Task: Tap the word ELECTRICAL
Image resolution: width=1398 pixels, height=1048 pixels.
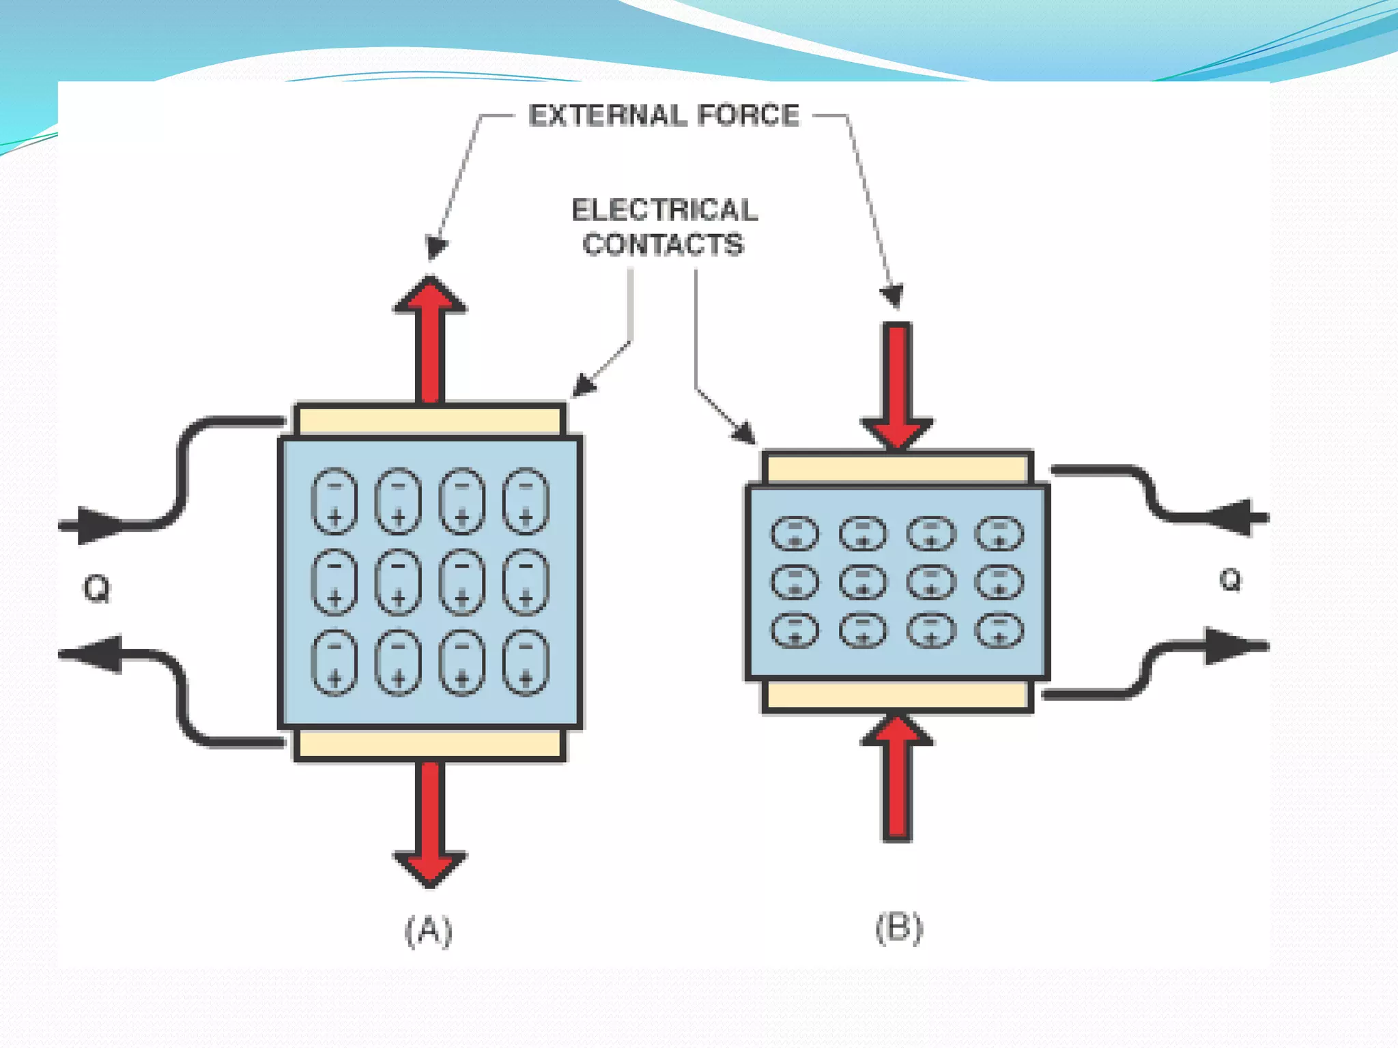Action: (x=664, y=210)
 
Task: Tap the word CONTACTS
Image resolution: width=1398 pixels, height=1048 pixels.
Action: (x=663, y=244)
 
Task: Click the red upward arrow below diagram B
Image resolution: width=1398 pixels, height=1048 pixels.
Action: (x=897, y=778)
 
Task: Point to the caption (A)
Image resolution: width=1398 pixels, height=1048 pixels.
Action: (x=429, y=930)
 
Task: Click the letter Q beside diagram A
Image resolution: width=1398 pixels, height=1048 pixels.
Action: (x=96, y=588)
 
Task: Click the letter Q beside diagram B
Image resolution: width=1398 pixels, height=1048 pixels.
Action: (x=1230, y=580)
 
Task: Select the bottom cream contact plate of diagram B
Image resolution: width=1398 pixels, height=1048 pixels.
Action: (x=897, y=696)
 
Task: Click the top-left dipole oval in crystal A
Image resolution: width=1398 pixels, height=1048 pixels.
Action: (x=334, y=501)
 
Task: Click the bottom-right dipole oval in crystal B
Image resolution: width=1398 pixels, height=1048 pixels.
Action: (x=999, y=630)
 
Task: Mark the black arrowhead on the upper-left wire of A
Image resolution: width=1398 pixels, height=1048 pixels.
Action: (x=99, y=525)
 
